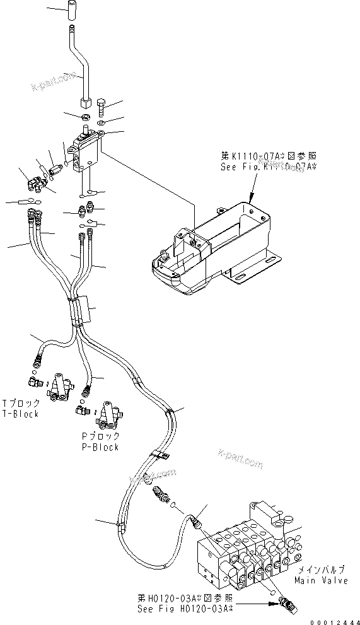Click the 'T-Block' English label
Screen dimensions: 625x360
[x=21, y=414]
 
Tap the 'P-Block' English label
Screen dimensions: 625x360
[x=100, y=447]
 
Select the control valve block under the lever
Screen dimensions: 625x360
[x=85, y=151]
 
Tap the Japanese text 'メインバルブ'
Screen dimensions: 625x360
[x=318, y=568]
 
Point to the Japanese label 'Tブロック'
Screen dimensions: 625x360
[x=21, y=404]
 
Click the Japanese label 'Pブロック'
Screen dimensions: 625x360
[x=100, y=437]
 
